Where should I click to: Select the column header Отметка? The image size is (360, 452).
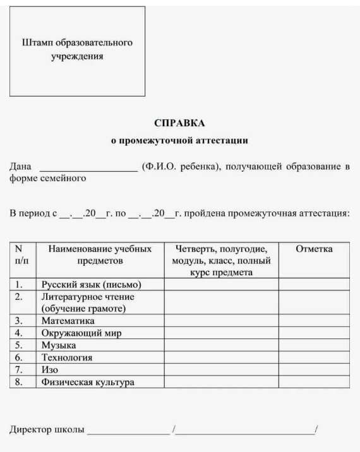click(x=314, y=250)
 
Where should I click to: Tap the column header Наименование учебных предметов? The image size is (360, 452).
click(x=100, y=255)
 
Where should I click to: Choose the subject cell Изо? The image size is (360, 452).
click(x=51, y=369)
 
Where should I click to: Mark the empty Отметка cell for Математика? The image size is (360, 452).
click(x=314, y=321)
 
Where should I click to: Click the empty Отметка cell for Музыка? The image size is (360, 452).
click(x=314, y=345)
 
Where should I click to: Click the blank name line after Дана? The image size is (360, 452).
click(x=88, y=168)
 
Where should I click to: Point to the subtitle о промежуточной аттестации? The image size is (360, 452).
click(x=179, y=140)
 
